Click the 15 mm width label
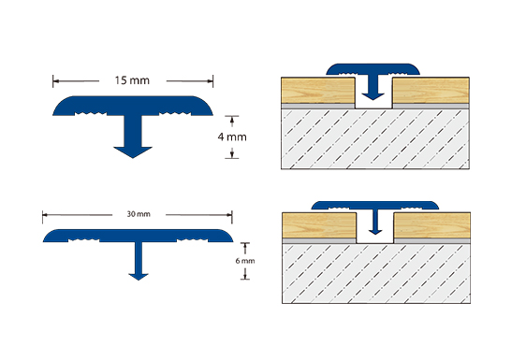[x=132, y=80]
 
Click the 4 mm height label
[x=232, y=137]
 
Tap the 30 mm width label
[x=139, y=214]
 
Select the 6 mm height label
[x=245, y=261]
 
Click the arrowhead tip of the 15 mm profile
[x=133, y=158]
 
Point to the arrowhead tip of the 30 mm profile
[x=139, y=280]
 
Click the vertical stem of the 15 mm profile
[x=133, y=131]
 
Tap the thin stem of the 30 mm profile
[x=139, y=258]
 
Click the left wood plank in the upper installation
[x=318, y=90]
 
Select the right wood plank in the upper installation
[x=431, y=90]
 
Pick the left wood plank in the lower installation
[x=319, y=225]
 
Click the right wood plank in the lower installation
[x=432, y=225]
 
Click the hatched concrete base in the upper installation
[x=375, y=138]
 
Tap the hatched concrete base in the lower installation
[x=376, y=274]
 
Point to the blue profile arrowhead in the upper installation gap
[x=373, y=96]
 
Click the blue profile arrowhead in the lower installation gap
[x=375, y=232]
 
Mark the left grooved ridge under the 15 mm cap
[x=91, y=114]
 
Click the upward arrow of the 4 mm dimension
[x=232, y=122]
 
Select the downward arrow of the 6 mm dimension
[x=245, y=274]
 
